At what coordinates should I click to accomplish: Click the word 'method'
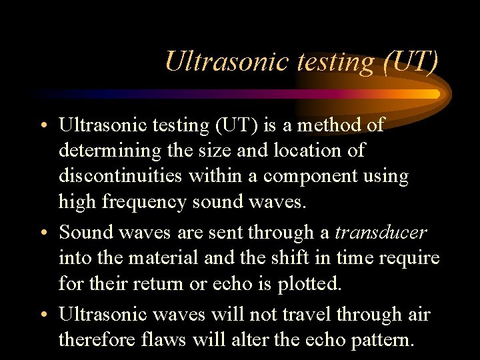[x=325, y=125]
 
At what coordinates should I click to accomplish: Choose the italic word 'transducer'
[x=380, y=233]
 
